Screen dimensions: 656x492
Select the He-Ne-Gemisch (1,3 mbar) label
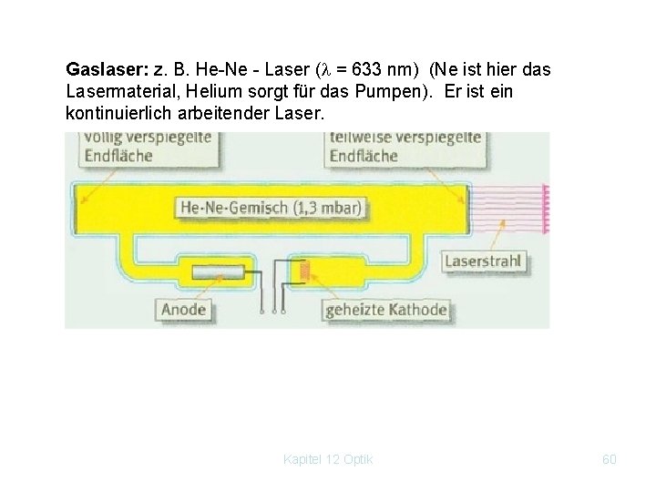click(x=271, y=208)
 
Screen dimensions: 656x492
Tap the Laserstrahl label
click(x=483, y=261)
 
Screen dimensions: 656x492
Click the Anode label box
click(x=183, y=309)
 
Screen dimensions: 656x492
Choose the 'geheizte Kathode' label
click(x=386, y=309)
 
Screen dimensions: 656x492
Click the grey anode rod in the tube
click(x=219, y=271)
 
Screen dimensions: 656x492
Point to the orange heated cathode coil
click(x=305, y=269)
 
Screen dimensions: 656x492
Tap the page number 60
click(x=610, y=459)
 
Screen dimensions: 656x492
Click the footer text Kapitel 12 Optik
click(x=328, y=459)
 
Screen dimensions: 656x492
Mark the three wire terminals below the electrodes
click(x=272, y=310)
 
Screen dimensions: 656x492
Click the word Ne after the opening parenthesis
click(x=444, y=69)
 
